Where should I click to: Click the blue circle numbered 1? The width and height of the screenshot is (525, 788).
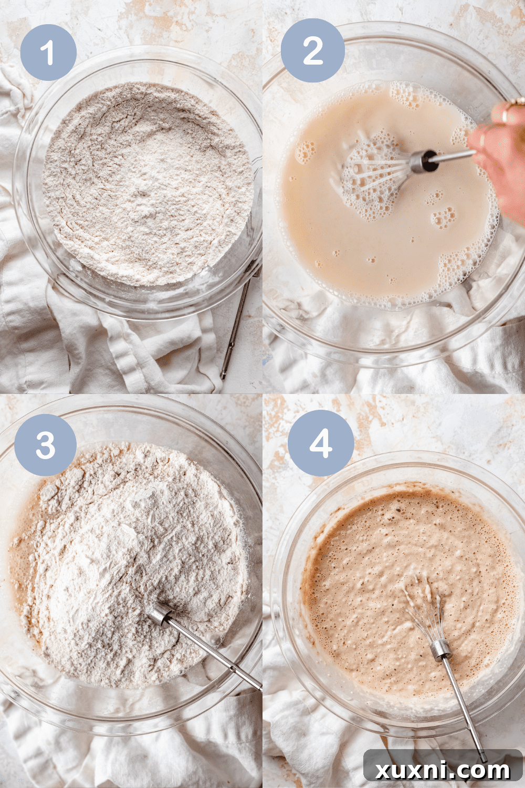click(48, 53)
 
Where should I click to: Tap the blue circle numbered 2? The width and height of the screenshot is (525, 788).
click(313, 50)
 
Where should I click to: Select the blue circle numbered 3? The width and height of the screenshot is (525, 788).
click(46, 445)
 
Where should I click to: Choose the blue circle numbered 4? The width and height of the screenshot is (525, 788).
click(321, 444)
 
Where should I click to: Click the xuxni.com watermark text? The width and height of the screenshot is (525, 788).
click(443, 770)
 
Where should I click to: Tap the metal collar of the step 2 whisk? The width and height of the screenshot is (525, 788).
click(423, 161)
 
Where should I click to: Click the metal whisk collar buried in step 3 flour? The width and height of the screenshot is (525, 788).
click(160, 614)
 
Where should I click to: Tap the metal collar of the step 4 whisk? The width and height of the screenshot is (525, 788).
click(441, 649)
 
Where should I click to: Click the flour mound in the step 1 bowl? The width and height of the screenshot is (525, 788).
click(147, 184)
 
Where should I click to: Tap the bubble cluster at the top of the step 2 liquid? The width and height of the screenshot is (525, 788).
click(409, 95)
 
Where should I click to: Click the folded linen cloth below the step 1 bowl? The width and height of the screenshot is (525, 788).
click(131, 347)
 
